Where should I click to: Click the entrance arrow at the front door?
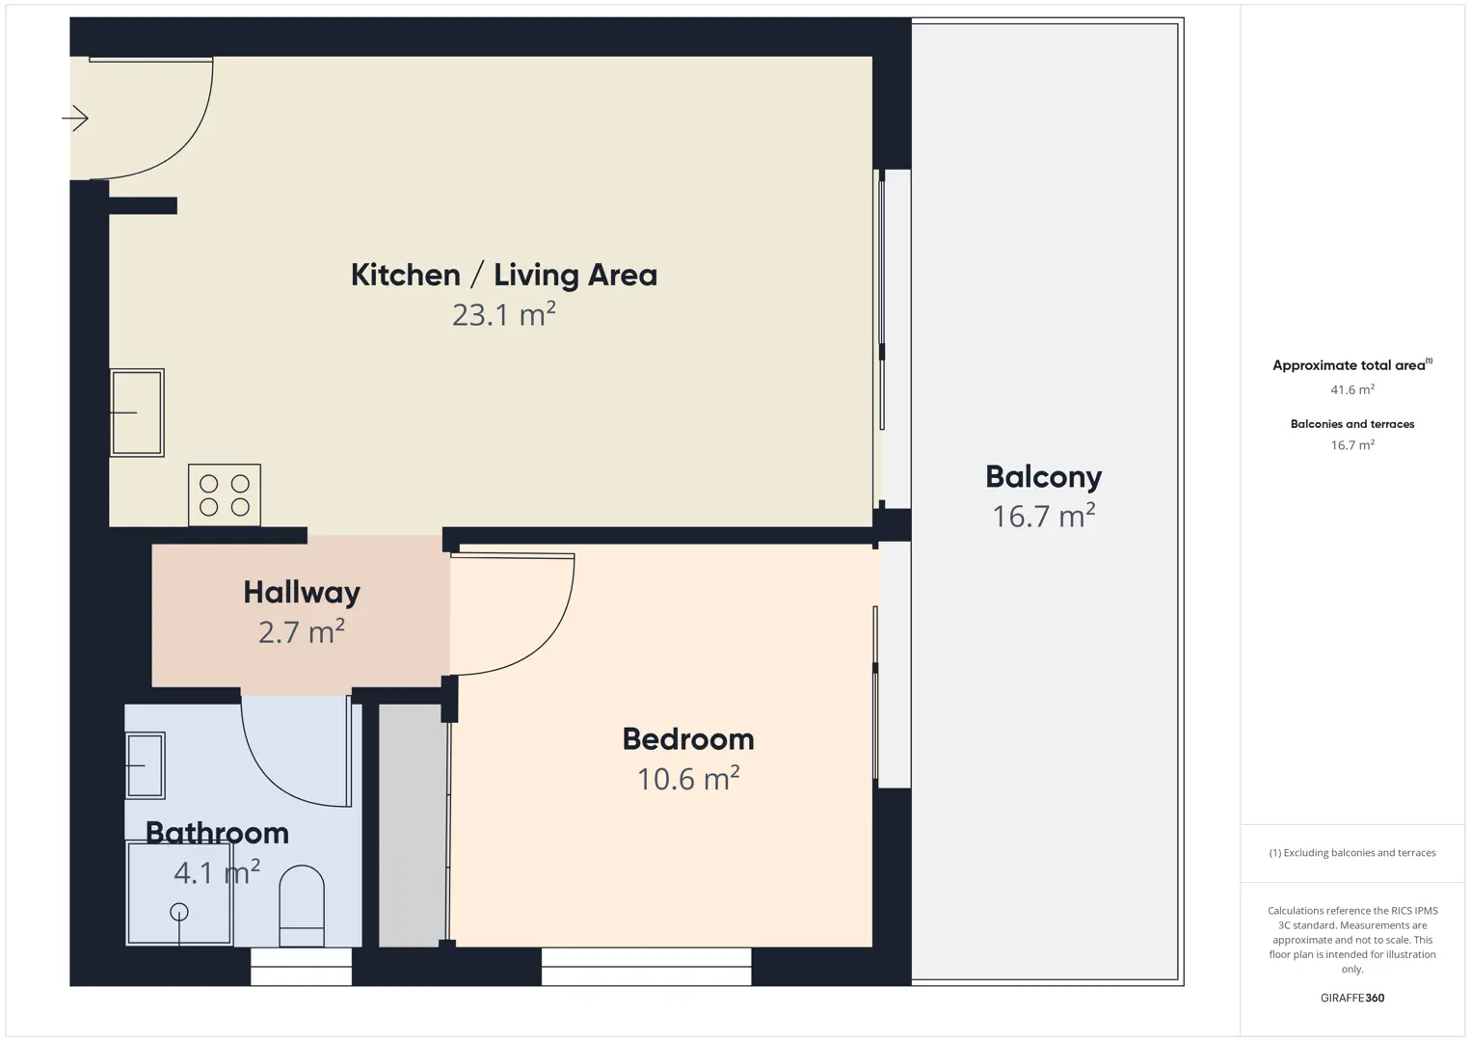point(75,119)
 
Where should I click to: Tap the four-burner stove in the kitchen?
point(224,495)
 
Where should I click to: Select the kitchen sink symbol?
point(137,413)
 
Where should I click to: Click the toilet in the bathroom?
point(302,906)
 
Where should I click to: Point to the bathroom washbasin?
point(146,765)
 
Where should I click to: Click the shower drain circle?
point(179,912)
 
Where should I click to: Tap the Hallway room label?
point(302,593)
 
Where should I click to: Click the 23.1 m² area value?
point(504,314)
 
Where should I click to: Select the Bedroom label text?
point(688,739)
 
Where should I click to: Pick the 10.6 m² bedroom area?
point(688,779)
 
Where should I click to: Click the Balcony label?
point(1044,477)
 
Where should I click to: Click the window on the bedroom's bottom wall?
point(646,966)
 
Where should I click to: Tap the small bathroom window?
point(302,966)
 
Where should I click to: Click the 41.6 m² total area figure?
point(1352,389)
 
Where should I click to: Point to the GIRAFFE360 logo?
point(1352,998)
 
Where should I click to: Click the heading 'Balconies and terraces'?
point(1352,424)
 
